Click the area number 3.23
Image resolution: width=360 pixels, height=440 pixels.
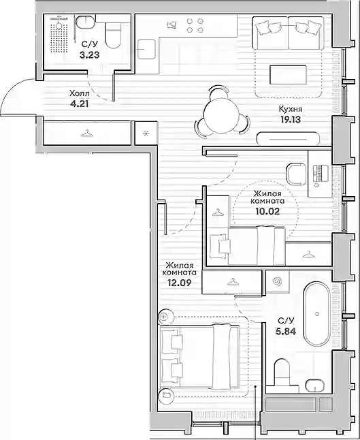point(89,54)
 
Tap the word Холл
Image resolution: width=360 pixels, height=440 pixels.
point(80,93)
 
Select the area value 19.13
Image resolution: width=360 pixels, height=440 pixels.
point(290,120)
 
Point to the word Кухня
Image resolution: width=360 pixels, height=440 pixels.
point(291,109)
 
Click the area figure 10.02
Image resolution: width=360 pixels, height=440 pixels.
point(267,211)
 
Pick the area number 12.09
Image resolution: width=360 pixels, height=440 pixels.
point(180,283)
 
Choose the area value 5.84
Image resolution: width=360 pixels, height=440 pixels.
point(286,332)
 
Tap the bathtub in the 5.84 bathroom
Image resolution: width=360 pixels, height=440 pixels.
point(317,314)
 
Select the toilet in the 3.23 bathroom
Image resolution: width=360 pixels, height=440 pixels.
point(113,35)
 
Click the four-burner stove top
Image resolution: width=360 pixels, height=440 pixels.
point(195,25)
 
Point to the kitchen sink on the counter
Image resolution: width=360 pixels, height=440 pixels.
point(146,49)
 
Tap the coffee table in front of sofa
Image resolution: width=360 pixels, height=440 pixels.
point(288,75)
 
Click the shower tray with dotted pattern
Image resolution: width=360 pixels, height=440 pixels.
point(59,38)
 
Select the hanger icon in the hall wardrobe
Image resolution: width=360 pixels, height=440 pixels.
point(87,133)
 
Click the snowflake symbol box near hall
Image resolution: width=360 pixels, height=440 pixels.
point(146,133)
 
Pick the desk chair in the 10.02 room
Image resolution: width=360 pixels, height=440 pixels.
point(296,174)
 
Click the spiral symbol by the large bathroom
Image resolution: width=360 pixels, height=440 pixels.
point(278,281)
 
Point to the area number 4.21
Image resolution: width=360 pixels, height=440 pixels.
point(80,104)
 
